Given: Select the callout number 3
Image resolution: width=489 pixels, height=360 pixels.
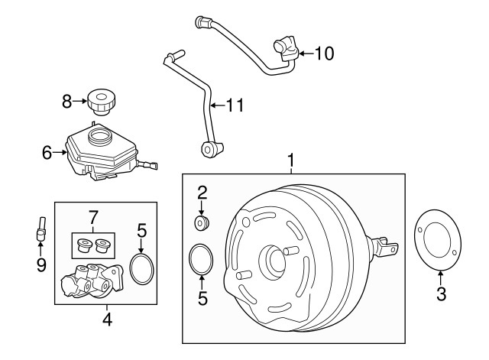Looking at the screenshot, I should [440, 293].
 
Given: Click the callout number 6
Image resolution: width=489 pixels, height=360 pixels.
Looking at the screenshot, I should [47, 153].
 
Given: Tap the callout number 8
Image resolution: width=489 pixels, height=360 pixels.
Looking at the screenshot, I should [66, 99].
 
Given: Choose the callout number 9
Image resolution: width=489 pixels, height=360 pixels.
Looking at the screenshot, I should [41, 264].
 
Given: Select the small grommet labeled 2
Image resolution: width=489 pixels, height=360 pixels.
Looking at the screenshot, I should [202, 222].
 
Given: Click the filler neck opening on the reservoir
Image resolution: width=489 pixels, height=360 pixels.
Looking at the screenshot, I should [99, 138].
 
